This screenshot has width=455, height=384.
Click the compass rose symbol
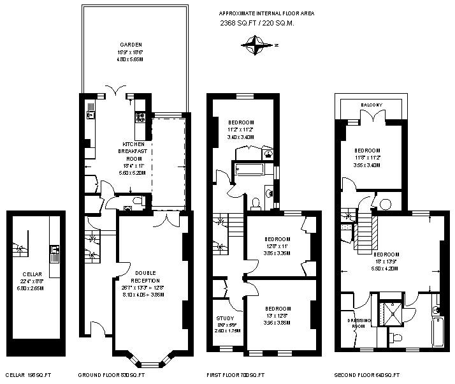point(257,45)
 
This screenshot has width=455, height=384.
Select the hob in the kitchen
point(140,117)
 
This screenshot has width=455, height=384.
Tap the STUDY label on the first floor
point(225,318)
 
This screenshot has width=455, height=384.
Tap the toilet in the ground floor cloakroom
point(131,204)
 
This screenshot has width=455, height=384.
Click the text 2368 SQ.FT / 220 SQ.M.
point(257,23)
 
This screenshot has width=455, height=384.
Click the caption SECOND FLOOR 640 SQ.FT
point(366,375)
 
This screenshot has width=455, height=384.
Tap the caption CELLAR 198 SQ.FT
point(27,375)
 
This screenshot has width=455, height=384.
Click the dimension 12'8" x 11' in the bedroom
point(277,246)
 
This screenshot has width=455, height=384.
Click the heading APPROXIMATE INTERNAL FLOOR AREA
point(266,13)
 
